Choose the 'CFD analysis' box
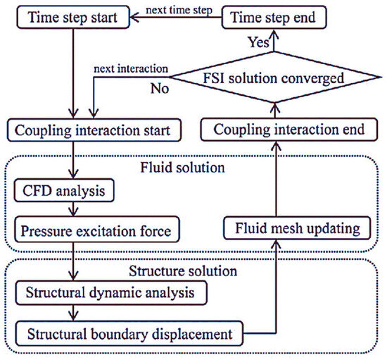point(61,191)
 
